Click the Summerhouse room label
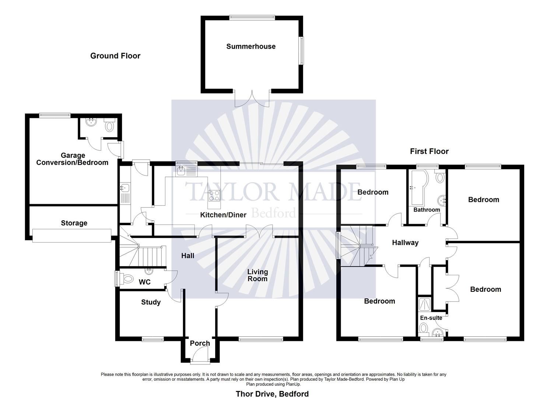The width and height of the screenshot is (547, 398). (251, 46)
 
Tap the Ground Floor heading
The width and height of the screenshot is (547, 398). (115, 56)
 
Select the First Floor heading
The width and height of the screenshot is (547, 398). (429, 151)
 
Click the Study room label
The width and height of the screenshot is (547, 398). (151, 302)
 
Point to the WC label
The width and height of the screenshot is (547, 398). (144, 282)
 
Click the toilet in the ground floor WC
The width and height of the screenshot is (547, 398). (127, 279)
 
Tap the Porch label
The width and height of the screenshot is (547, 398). (200, 343)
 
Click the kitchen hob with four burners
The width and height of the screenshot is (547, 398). (214, 195)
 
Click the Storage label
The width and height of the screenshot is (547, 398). (74, 223)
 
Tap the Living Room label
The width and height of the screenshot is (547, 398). (257, 275)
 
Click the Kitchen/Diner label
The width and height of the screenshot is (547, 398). (223, 215)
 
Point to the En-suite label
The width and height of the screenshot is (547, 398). (431, 318)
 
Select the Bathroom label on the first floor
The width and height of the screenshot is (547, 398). (427, 210)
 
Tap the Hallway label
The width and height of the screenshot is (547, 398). (405, 242)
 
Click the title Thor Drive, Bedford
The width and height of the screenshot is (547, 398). (272, 394)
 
